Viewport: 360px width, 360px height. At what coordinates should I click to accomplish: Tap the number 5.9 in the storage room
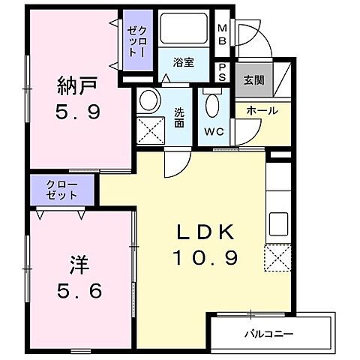coord(75,114)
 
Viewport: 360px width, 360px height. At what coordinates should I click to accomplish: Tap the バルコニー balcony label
coord(268,333)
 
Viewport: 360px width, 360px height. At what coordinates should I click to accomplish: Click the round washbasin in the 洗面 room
coord(149,100)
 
